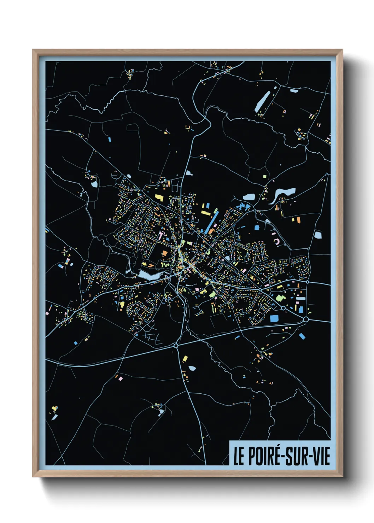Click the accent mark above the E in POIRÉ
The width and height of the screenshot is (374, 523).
[277, 447]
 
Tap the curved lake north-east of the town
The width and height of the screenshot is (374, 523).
[283, 194]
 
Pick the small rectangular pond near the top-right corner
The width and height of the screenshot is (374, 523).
[294, 91]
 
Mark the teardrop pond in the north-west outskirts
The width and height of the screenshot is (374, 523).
[94, 183]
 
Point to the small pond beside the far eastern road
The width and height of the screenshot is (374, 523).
[318, 235]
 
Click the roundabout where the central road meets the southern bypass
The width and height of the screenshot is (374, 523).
[176, 345]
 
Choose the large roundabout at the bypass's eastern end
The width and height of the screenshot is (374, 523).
[306, 319]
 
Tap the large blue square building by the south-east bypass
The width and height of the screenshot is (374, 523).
[274, 318]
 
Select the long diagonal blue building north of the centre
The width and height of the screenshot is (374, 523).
[211, 223]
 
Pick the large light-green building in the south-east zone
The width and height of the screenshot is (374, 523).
[280, 298]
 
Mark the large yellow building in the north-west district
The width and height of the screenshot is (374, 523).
[159, 198]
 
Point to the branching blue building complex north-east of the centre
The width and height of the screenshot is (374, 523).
[243, 206]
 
